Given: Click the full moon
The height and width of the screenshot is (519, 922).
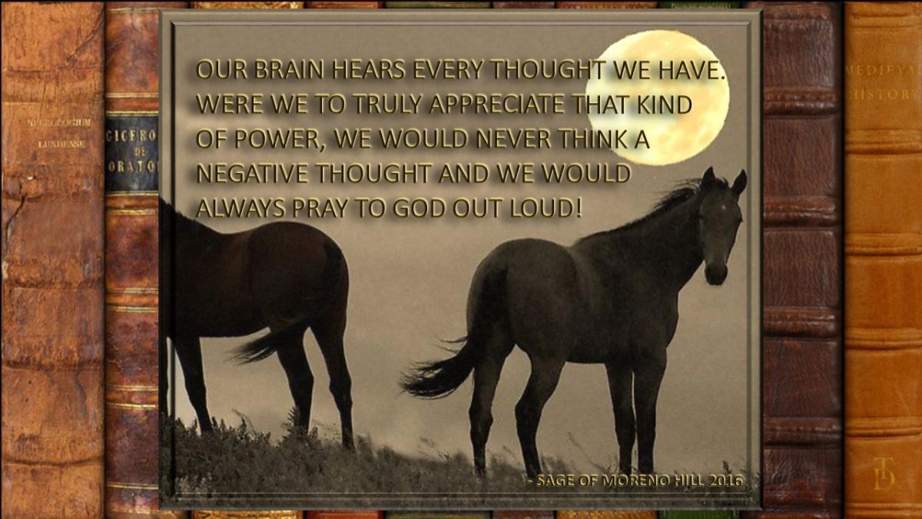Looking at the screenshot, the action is point(658,98).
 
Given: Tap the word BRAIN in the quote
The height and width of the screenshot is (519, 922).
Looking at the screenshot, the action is point(289,70).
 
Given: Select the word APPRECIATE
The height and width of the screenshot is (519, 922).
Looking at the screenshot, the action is point(496,105).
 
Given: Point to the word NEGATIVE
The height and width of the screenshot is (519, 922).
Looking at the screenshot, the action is point(252,174).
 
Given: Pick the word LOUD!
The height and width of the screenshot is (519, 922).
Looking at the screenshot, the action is point(546,208).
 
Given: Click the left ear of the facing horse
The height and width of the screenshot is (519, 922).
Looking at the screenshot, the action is point(708,178).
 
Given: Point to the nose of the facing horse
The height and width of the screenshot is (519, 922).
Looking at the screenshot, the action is point(716,273).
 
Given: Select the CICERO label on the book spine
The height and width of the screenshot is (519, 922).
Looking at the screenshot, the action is point(132,135).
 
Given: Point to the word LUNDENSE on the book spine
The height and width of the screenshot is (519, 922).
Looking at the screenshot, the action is point(61,145).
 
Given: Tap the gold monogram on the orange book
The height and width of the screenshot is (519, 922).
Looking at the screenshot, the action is point(884,473).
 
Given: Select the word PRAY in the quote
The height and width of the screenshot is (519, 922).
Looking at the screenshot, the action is point(320,208).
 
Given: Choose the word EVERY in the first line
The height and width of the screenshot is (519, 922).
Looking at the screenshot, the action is point(448,70).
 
